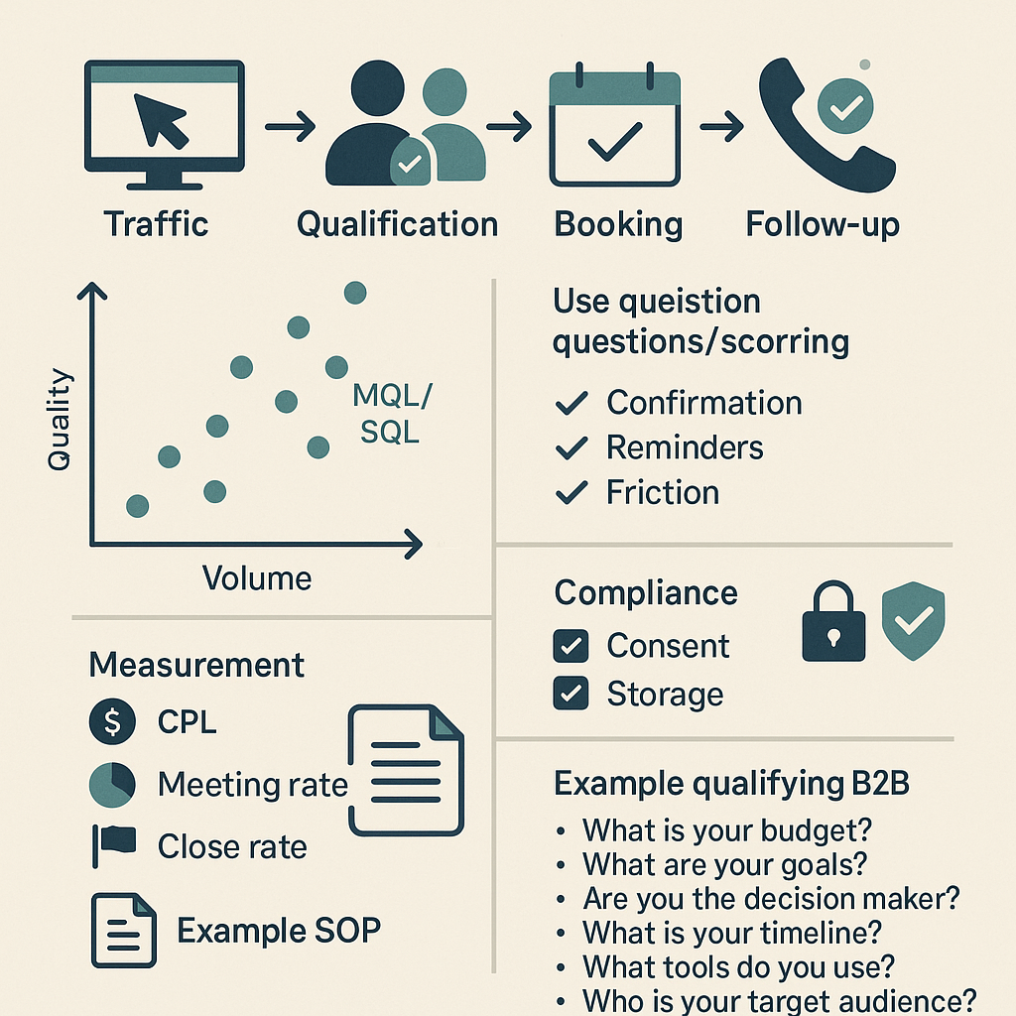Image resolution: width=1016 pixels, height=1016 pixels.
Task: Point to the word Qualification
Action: coord(397,224)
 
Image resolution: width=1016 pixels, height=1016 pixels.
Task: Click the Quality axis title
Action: coord(61,419)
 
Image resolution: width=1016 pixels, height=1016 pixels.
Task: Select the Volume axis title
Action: coord(257,578)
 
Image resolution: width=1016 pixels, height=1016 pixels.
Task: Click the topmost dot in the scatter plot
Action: coord(354,293)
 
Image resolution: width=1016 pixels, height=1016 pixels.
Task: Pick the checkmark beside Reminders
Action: coord(571,448)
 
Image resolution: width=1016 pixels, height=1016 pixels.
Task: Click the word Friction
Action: coord(663,492)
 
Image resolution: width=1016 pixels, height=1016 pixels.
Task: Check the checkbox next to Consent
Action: coord(571,647)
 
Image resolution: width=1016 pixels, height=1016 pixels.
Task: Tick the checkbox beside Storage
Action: coord(571,693)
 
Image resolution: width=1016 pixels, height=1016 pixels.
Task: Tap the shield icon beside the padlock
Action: coord(913,622)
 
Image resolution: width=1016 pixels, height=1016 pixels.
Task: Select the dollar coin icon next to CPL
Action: coord(111,722)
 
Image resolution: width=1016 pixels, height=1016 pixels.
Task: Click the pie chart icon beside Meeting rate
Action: coord(111,785)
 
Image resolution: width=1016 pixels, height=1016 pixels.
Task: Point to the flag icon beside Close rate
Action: coord(113,845)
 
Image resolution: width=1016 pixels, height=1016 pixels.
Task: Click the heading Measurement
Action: coord(196,665)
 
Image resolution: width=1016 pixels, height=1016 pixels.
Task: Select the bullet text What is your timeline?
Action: coord(732,933)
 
